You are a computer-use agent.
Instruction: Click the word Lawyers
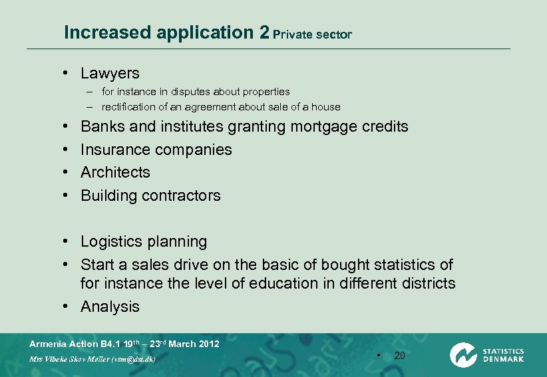click(x=110, y=73)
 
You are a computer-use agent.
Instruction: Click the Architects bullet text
click(x=115, y=172)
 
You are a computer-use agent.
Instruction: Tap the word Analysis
click(x=110, y=307)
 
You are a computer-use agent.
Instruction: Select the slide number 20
click(x=399, y=356)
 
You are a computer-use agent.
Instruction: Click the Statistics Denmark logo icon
click(x=462, y=354)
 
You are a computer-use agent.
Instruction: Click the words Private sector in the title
click(x=312, y=34)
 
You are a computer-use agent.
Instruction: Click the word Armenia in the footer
click(x=49, y=344)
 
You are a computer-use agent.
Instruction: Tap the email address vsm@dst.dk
click(x=132, y=358)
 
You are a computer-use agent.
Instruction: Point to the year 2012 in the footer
click(x=209, y=344)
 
